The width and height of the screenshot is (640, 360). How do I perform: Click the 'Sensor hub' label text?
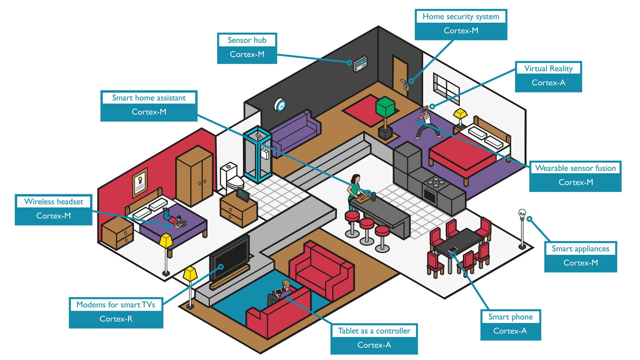247,40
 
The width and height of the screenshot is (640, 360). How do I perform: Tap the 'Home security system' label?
461,17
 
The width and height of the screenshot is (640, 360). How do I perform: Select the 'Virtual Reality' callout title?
548,69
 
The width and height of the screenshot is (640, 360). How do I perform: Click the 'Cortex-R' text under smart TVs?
116,319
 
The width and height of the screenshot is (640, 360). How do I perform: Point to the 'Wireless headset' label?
54,202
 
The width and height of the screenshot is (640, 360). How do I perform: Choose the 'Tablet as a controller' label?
374,331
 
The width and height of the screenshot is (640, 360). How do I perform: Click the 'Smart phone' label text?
510,317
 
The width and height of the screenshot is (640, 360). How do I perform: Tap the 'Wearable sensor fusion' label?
575,168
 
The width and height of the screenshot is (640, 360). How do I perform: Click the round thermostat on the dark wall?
280,105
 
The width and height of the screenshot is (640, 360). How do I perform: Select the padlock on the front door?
406,87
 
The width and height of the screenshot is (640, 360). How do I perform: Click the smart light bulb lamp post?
522,230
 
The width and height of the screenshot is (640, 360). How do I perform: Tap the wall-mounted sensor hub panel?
360,64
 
